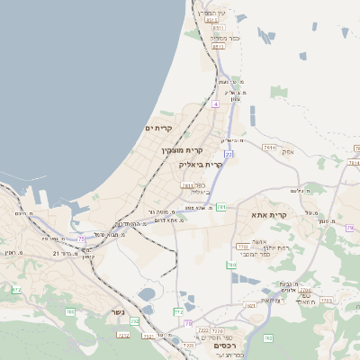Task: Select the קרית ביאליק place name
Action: [x=201, y=165]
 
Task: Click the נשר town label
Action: [x=118, y=312]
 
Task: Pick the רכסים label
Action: [x=224, y=346]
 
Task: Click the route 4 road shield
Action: [x=216, y=103]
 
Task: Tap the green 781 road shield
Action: [x=221, y=208]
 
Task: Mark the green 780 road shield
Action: [x=231, y=265]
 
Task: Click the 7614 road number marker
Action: [x=268, y=146]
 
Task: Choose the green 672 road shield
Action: [x=16, y=289]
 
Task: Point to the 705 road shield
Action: [x=70, y=311]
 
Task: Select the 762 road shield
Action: [x=267, y=338]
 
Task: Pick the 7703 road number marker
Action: [x=241, y=246]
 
